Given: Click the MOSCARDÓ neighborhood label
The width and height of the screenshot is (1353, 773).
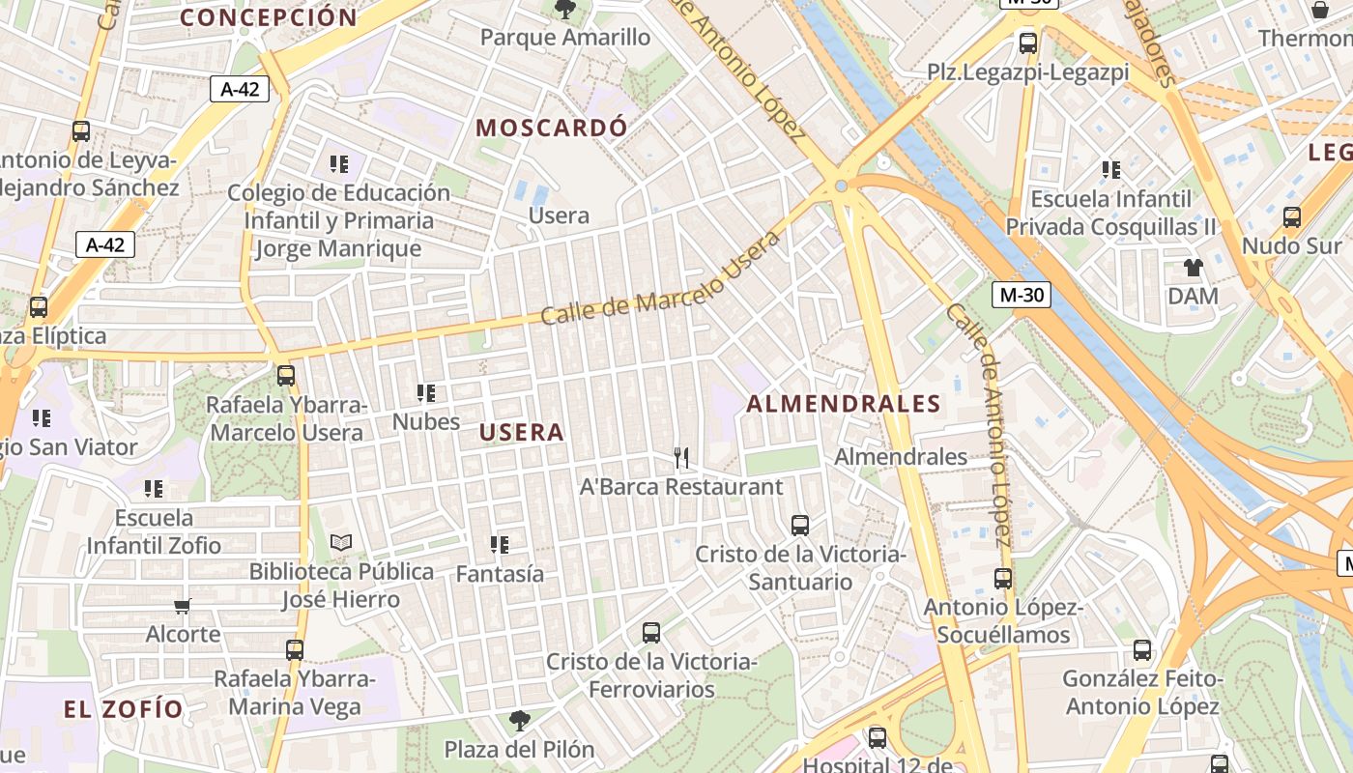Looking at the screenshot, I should click(x=552, y=128).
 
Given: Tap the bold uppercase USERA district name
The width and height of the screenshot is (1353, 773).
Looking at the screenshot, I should click(x=522, y=432).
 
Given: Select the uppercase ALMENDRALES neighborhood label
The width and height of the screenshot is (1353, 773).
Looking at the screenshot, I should click(x=844, y=404).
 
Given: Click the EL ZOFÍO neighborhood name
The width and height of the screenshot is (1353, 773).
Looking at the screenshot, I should click(x=124, y=709).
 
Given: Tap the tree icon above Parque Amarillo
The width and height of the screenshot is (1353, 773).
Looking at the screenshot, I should click(x=565, y=10).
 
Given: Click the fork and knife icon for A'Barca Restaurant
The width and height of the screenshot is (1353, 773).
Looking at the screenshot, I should click(x=681, y=457).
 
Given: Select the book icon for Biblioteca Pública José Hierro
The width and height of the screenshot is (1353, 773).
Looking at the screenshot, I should click(x=341, y=542).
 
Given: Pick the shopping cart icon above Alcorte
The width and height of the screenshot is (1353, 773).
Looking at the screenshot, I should click(x=183, y=606).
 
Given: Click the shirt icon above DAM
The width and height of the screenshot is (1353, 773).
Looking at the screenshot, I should click(x=1194, y=267).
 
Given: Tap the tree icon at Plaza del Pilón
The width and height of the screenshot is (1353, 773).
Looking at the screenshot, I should click(x=520, y=720).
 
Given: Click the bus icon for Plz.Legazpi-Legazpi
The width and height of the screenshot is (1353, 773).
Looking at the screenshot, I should click(x=1028, y=43).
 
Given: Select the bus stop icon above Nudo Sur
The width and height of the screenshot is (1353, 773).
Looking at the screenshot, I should click(x=1292, y=217).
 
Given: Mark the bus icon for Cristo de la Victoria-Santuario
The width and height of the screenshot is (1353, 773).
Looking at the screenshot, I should click(x=800, y=526).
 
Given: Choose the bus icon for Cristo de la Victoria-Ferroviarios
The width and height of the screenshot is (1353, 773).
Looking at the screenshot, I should click(x=651, y=633).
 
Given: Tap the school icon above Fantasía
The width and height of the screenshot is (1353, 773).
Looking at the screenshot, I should click(x=500, y=545).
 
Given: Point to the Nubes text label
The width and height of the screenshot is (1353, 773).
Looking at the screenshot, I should click(x=426, y=422).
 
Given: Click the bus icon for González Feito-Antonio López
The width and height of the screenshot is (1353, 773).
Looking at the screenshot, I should click(x=1142, y=650).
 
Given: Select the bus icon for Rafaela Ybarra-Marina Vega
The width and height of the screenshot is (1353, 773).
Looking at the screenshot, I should click(x=295, y=650).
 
